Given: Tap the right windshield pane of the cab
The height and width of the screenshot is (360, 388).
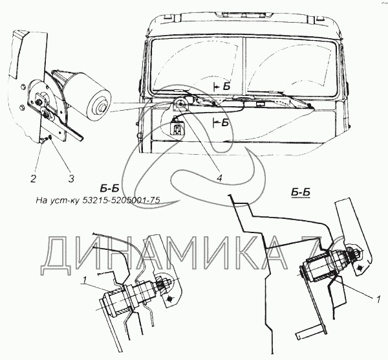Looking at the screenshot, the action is pyautogui.click(x=291, y=65).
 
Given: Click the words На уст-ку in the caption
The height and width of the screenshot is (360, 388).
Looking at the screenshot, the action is pyautogui.click(x=55, y=199).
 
